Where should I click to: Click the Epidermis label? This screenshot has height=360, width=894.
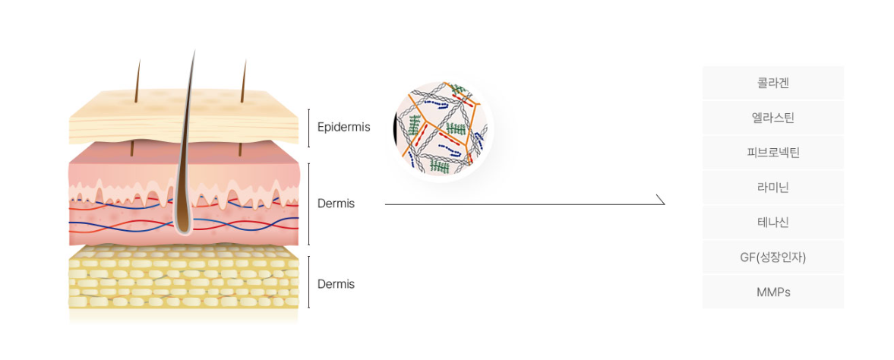coord(343,128)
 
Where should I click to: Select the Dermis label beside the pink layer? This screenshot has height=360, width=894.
coord(336,204)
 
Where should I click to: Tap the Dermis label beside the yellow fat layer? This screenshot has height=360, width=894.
coord(336,284)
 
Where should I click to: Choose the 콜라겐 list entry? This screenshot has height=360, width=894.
coord(772,84)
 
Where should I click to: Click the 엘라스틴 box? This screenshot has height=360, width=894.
coord(772,118)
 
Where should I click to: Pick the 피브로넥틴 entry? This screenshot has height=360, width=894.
coord(772,153)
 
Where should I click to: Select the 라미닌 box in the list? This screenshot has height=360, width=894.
coord(772,188)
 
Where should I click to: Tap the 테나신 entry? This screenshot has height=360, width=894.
coord(772,223)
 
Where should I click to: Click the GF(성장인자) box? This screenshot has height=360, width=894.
coord(772,257)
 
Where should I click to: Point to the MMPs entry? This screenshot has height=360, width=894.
coord(772,292)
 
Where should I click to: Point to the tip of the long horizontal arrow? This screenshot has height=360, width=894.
coord(665,204)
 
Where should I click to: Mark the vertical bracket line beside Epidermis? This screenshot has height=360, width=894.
coord(309,128)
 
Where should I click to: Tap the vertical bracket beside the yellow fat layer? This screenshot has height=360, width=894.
coord(309,282)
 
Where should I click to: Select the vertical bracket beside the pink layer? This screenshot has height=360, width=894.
coord(309,204)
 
